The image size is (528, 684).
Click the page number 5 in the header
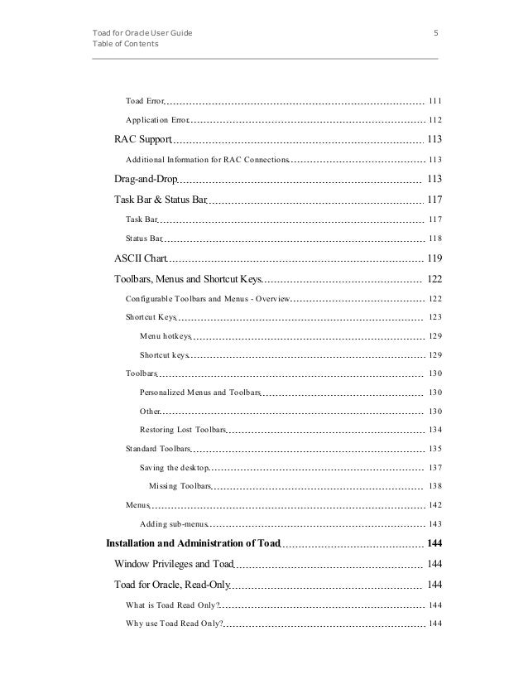point(435,33)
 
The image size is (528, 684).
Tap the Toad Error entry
point(145,101)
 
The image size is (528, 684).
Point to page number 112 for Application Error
point(434,120)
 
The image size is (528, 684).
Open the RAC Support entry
point(142,139)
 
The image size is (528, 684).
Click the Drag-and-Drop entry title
point(146,179)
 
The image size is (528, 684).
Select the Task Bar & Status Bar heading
point(160,200)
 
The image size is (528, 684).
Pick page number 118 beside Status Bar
point(434,238)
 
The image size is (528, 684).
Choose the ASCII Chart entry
point(141,258)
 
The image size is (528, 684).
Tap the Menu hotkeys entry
point(166,336)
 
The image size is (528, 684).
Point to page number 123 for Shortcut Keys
point(434,317)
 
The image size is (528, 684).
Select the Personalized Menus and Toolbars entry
point(200,392)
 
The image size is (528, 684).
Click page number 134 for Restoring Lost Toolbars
point(434,430)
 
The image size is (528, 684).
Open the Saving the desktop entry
point(169,468)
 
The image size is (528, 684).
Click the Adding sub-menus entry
point(174,524)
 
